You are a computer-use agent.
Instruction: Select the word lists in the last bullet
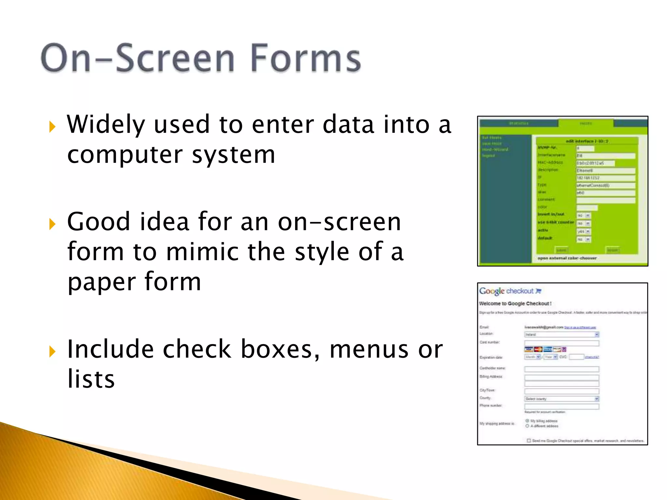coord(91,379)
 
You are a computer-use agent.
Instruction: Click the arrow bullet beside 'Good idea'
coord(52,224)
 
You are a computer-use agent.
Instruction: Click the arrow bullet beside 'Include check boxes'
coord(52,352)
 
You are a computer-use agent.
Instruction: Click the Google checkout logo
coord(506,291)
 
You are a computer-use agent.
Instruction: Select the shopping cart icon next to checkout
coord(538,291)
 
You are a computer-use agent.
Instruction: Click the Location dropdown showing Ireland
coord(561,334)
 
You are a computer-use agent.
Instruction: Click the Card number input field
coord(561,343)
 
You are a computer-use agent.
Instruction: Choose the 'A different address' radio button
coord(527,426)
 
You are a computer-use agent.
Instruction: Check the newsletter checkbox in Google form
coord(529,440)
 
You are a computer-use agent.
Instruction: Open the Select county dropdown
coord(561,399)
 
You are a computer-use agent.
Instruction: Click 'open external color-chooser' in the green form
coord(567,258)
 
